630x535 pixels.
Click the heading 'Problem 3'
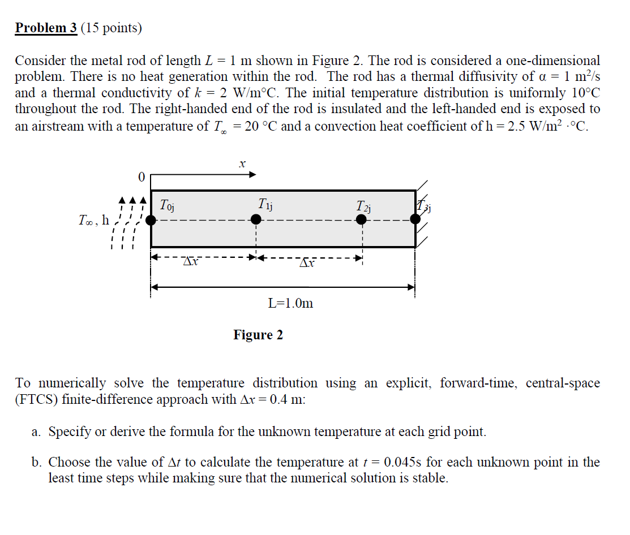pos(46,28)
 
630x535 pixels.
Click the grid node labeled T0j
pos(151,220)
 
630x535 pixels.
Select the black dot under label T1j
pos(255,220)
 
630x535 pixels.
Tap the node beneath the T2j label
pos(361,220)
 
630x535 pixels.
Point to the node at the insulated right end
pos(415,220)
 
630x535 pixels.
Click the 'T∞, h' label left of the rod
pos(94,221)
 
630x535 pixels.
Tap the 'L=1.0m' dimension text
pos(290,303)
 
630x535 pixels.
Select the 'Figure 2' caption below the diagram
pos(258,335)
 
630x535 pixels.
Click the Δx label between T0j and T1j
pos(191,262)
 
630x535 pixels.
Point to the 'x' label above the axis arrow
pos(242,164)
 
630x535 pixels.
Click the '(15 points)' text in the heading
pos(111,28)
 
